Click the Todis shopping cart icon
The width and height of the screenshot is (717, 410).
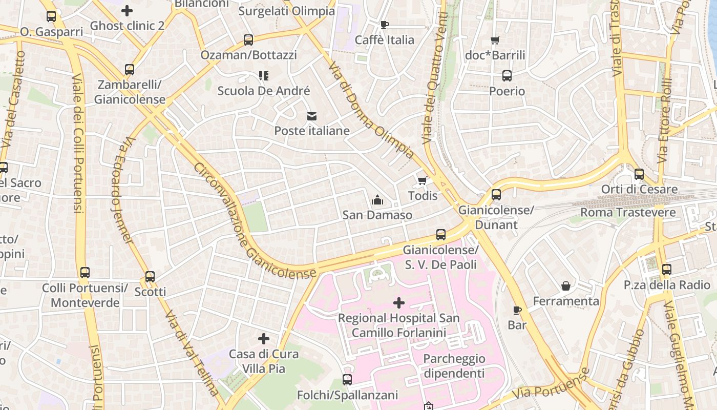click(x=422, y=180)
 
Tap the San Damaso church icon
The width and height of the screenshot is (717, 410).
click(x=377, y=199)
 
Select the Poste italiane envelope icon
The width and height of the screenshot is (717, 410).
click(x=311, y=116)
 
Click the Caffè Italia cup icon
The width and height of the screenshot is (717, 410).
click(x=385, y=25)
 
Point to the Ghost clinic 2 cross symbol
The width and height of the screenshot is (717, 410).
click(x=127, y=10)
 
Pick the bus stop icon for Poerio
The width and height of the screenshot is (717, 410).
click(x=507, y=76)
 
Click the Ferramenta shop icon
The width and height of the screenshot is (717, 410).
click(x=566, y=286)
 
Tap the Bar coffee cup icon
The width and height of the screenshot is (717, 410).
click(x=517, y=310)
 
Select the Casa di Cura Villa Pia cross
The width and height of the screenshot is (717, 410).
click(x=264, y=339)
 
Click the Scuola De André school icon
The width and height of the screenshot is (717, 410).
click(x=264, y=76)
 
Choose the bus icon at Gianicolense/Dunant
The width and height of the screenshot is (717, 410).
click(x=496, y=195)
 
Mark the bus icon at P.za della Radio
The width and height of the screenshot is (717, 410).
click(x=666, y=270)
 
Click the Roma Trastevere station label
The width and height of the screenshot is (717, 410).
click(x=628, y=212)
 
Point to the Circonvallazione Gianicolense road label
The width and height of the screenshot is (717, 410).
click(x=254, y=221)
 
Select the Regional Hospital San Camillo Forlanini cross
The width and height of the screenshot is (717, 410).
click(x=398, y=303)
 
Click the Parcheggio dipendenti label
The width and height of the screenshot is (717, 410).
click(x=454, y=366)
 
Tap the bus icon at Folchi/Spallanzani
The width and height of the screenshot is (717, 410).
click(x=347, y=380)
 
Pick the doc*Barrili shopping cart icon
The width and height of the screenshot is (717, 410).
click(x=495, y=40)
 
